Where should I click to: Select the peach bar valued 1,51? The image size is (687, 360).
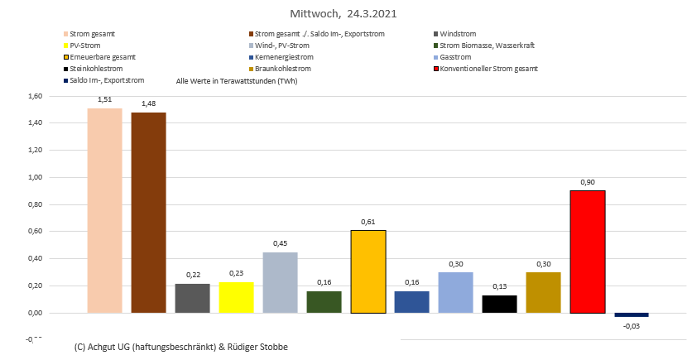[x=104, y=210]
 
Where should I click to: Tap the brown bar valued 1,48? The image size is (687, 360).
[x=148, y=213]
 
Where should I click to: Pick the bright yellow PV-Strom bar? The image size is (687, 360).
[x=236, y=298]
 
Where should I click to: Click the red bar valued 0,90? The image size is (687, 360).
[x=588, y=252]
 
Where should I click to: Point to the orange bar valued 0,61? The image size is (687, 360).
[x=368, y=271]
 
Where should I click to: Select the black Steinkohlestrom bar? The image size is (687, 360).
[x=499, y=304]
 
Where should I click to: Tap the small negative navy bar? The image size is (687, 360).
[x=632, y=315]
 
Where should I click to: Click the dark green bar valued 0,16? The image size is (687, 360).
[x=324, y=302]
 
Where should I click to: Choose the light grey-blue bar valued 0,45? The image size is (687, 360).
[x=280, y=282]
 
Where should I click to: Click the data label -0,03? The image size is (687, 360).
[x=632, y=325]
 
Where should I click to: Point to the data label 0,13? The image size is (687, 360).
[x=499, y=286]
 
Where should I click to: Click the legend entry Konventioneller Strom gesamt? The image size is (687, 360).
[x=489, y=69]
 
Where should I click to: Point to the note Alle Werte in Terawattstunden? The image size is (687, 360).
[x=237, y=81]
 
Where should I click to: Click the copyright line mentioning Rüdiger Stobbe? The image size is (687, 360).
[x=180, y=348]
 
